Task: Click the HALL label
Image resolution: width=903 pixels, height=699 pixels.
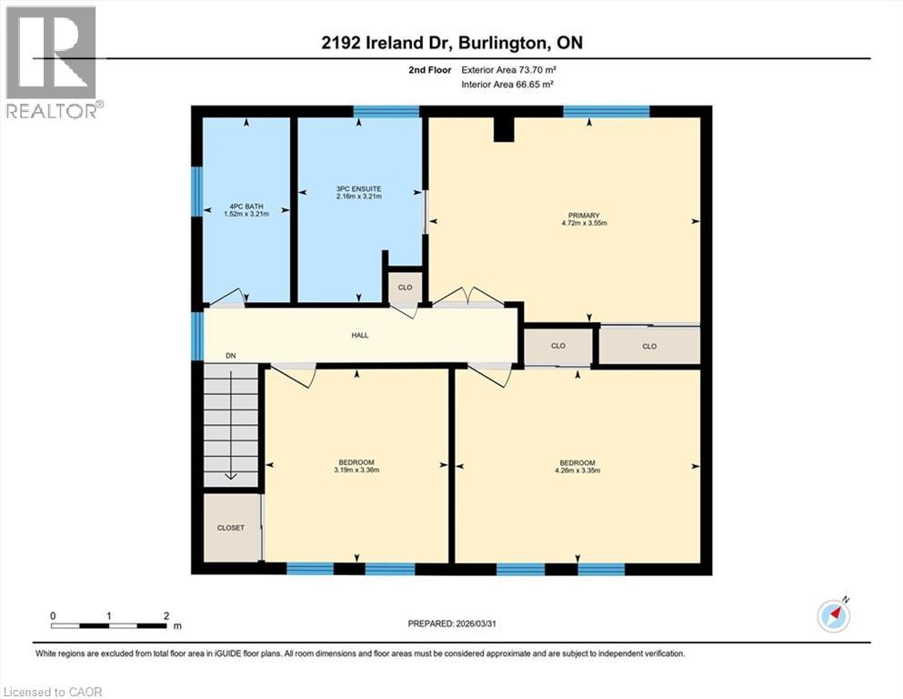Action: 360,335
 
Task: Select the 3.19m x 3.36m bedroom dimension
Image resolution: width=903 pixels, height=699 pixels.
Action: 356,471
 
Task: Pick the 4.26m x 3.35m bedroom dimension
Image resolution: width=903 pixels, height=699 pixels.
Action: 577,471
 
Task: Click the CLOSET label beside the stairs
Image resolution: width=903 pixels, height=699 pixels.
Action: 231,528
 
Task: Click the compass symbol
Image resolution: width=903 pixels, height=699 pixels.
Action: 834,616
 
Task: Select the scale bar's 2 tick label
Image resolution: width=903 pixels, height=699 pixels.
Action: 166,616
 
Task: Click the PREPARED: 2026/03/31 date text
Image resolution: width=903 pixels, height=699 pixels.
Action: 450,623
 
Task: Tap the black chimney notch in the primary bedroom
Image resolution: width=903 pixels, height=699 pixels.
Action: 504,129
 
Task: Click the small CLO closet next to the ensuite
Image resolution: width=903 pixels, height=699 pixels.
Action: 405,287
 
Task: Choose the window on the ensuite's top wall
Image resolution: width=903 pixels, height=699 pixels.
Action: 386,112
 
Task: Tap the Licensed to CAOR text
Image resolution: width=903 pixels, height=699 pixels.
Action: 53,692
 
